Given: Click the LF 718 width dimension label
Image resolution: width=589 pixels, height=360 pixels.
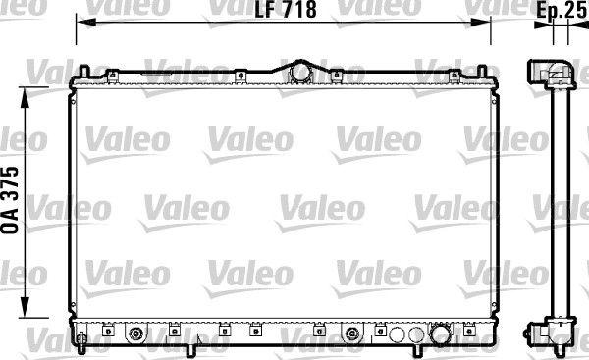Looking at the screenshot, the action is click(x=286, y=10).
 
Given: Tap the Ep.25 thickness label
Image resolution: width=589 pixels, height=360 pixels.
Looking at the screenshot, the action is click(x=562, y=10).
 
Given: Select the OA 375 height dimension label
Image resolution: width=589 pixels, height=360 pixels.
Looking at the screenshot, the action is click(x=10, y=200).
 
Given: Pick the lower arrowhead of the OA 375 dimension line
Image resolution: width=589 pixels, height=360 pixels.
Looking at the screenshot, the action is click(x=25, y=307).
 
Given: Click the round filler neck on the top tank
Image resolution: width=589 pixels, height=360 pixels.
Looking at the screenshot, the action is click(x=300, y=72).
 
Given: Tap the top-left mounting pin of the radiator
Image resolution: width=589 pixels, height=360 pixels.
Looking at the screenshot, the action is click(x=84, y=72).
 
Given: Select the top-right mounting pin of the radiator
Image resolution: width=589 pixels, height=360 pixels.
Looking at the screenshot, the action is click(x=482, y=72).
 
